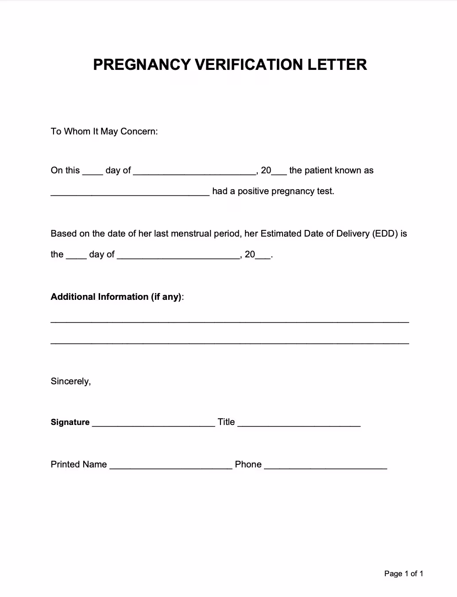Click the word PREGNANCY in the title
(x=142, y=65)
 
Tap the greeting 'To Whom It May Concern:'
(x=104, y=131)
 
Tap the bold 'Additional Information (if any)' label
(x=116, y=297)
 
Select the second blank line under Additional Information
(x=229, y=343)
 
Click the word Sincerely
(x=70, y=381)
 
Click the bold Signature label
(x=70, y=422)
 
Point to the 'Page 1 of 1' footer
(x=403, y=574)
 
